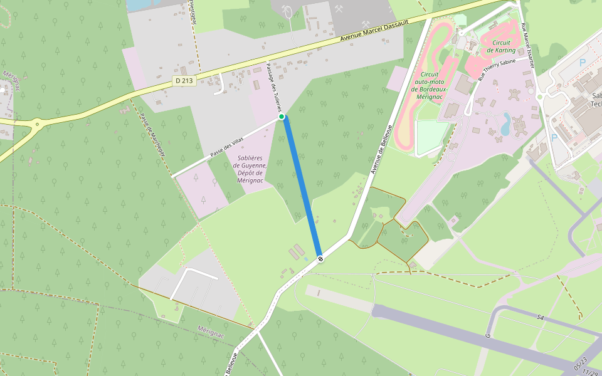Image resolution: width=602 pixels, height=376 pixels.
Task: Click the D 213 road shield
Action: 184,81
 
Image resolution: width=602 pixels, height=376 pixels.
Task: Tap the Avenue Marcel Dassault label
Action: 374,30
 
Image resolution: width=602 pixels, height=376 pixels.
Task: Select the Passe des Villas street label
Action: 226,148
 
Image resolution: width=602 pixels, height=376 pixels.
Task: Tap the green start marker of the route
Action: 282,117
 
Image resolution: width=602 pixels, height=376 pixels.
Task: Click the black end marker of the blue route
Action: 320,258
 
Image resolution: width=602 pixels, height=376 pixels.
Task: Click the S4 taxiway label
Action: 540,318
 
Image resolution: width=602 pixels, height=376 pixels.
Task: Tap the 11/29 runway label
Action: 591,372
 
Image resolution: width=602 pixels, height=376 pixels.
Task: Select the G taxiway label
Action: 488,336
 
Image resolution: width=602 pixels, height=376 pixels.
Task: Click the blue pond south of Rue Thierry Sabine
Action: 505,124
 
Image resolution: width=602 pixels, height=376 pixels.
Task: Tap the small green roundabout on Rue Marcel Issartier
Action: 539,96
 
